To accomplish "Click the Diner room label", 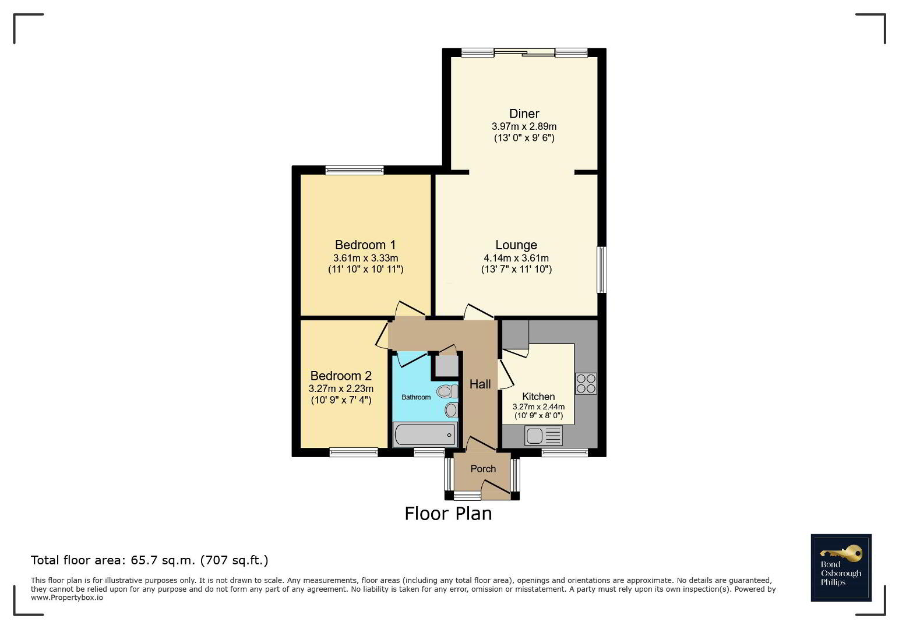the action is [524, 114].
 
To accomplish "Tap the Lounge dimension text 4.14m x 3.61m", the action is [516, 258].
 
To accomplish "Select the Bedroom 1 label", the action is [365, 245].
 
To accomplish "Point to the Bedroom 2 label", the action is [341, 376].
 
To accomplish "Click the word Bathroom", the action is [416, 397].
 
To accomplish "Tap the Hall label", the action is [480, 384].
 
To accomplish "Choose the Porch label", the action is [483, 468].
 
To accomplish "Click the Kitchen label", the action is [538, 397].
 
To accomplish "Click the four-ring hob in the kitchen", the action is [586, 383].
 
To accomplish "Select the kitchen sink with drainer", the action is [544, 436].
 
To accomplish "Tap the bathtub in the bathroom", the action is [425, 434].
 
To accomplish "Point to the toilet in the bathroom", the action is [447, 391].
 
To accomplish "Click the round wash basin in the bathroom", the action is [451, 410].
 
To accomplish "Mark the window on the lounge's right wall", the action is [601, 270].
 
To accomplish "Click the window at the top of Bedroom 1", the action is [354, 170].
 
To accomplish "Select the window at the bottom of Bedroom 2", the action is [354, 453].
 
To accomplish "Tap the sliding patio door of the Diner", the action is [524, 52].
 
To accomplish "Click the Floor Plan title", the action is [448, 514].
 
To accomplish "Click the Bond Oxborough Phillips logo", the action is [841, 567].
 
